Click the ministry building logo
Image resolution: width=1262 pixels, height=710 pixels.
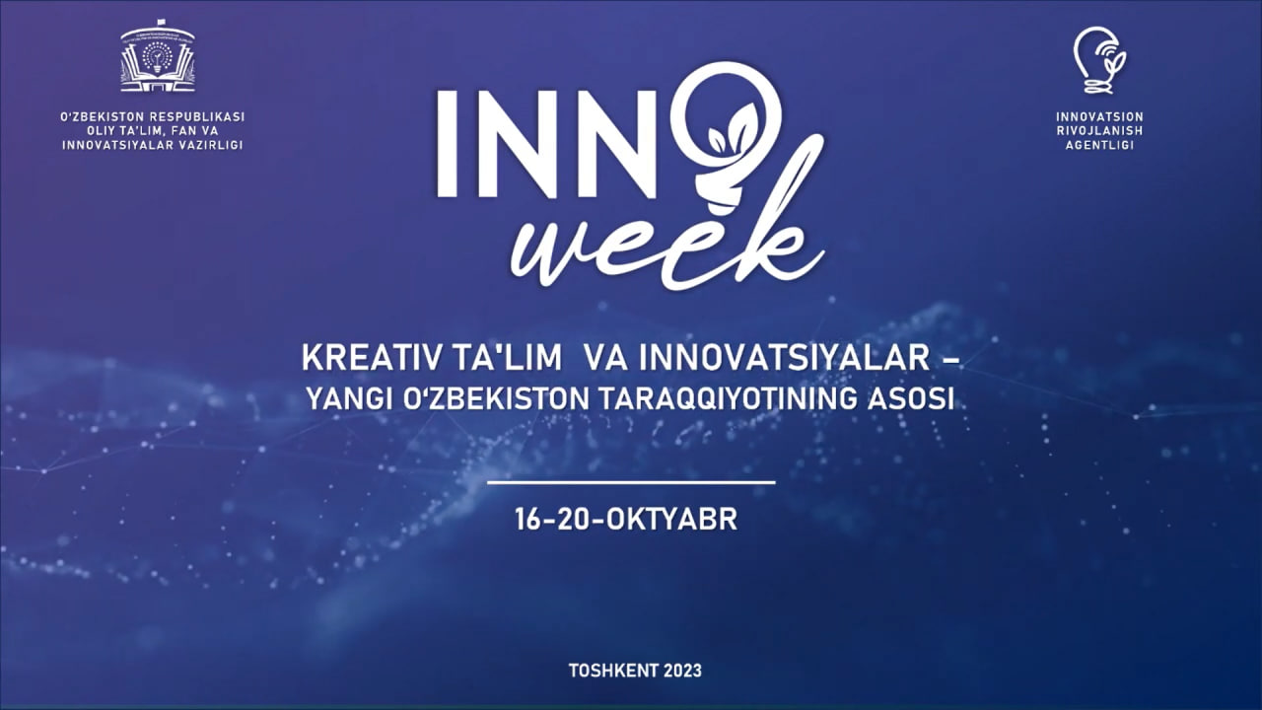pyautogui.click(x=158, y=56)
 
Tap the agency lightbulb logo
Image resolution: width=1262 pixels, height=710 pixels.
pyautogui.click(x=1099, y=60)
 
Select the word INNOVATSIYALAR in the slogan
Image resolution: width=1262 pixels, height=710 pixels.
pyautogui.click(x=785, y=358)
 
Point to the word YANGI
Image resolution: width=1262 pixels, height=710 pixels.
pyautogui.click(x=348, y=399)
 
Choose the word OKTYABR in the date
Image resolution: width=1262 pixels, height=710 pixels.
pyautogui.click(x=671, y=520)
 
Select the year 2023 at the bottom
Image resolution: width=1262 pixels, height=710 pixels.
pyautogui.click(x=683, y=671)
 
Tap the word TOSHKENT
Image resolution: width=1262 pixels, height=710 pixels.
pyautogui.click(x=613, y=671)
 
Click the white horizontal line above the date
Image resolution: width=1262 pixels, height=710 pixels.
pyautogui.click(x=631, y=482)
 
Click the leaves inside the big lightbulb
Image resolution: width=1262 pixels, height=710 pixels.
pyautogui.click(x=735, y=129)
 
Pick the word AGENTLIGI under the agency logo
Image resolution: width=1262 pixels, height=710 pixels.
pyautogui.click(x=1099, y=145)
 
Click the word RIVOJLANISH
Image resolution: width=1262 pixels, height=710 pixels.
pyautogui.click(x=1099, y=131)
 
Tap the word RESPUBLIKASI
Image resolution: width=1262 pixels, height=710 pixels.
pyautogui.click(x=197, y=117)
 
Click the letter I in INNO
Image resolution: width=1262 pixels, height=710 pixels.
pyautogui.click(x=447, y=144)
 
